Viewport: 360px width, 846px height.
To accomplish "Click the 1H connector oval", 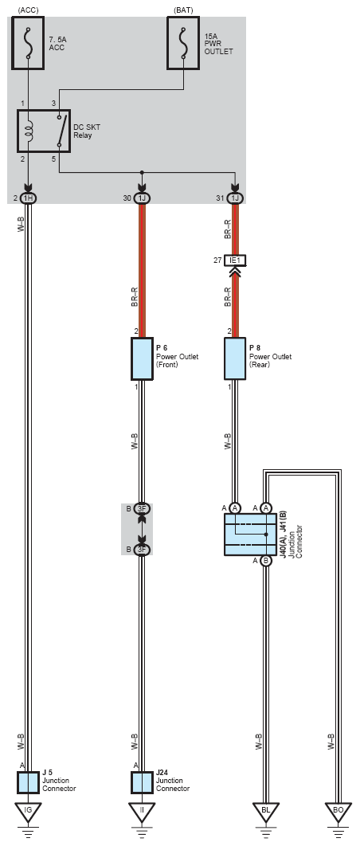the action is point(28,198).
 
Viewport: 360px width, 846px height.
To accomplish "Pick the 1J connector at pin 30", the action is point(142,198).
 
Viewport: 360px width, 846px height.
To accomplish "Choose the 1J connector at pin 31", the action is point(235,198).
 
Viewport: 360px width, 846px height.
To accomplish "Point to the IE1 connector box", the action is point(235,260).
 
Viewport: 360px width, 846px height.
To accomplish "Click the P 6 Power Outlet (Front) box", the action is point(142,358).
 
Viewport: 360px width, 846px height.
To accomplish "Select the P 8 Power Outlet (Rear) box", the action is point(235,358).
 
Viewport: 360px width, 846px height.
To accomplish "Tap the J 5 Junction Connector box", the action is point(28,782).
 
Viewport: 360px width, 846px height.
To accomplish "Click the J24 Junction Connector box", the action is point(142,782).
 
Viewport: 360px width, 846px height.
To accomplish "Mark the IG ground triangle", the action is point(28,812).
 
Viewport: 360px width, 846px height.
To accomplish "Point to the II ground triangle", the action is point(142,812).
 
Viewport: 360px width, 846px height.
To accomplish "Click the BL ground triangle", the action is point(265,812).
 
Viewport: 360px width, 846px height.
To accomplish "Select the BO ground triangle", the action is point(338,812).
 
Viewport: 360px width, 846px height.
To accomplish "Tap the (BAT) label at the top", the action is point(183,10).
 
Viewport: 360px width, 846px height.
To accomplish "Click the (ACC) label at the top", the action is point(28,10).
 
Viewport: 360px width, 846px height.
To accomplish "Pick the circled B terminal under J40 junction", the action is point(265,561).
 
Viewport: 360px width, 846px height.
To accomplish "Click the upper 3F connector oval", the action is point(142,508).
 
